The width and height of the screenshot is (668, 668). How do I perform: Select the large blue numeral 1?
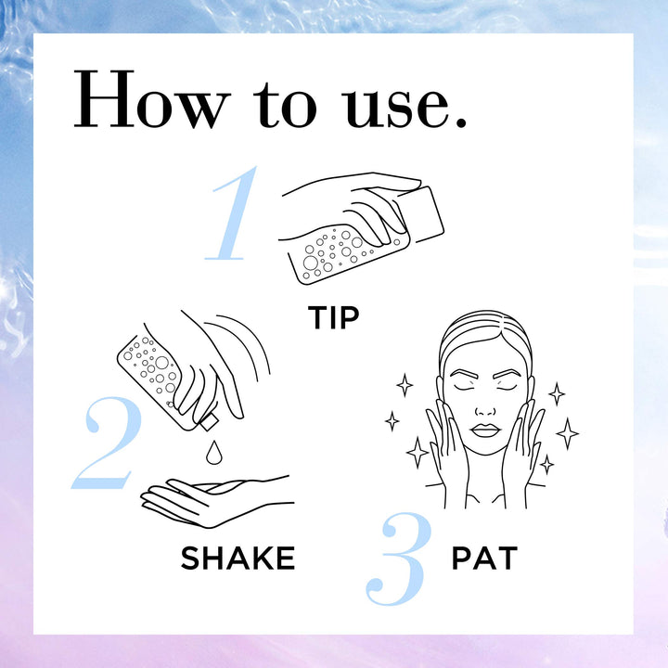coord(233,215)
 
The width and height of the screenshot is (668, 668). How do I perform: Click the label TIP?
coord(333,317)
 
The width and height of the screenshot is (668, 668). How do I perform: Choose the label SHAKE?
coord(238,558)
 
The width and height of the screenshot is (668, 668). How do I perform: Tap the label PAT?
coord(483,559)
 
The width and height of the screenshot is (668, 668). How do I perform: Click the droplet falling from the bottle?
coord(214,453)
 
